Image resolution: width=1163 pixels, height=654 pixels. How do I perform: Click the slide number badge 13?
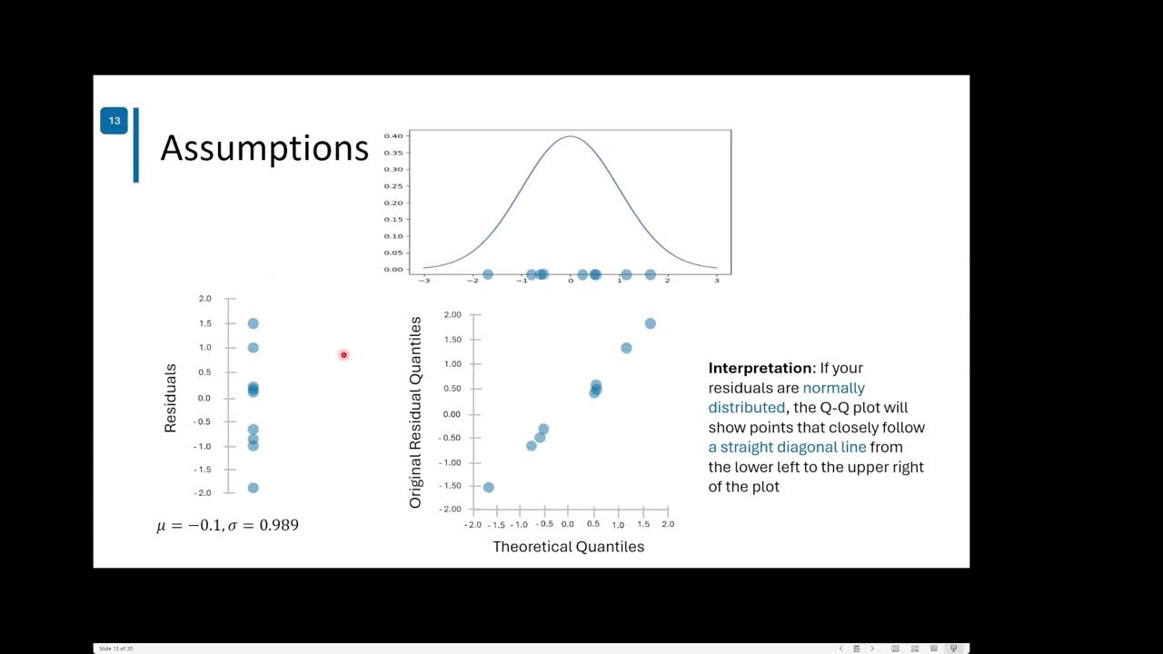click(114, 121)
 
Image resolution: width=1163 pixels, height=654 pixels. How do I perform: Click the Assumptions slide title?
click(263, 148)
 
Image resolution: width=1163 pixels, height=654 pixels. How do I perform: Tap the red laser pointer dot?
click(343, 355)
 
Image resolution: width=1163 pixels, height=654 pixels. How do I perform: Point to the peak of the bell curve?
click(570, 137)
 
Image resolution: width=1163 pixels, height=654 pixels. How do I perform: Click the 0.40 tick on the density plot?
click(393, 136)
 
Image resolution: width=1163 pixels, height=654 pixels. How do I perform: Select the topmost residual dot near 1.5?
click(253, 323)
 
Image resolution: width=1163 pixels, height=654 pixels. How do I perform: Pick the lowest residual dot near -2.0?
click(253, 488)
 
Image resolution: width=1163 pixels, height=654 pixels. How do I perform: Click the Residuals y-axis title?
click(170, 398)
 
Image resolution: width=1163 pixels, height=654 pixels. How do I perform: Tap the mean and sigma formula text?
click(227, 526)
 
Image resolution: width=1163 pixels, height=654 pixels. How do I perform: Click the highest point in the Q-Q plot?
click(650, 323)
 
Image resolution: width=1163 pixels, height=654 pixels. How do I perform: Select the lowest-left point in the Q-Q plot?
click(489, 488)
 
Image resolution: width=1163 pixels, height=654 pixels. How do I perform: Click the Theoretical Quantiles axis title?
click(568, 547)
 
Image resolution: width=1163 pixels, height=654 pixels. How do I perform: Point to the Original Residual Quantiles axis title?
click(416, 412)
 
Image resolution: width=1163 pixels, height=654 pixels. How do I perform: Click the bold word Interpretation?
click(761, 368)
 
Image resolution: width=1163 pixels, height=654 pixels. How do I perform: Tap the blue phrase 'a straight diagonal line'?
click(787, 447)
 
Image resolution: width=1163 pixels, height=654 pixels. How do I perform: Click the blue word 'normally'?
click(833, 388)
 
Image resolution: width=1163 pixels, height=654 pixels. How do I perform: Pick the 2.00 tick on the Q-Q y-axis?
click(452, 314)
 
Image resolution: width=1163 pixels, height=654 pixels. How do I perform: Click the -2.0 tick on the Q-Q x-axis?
click(472, 524)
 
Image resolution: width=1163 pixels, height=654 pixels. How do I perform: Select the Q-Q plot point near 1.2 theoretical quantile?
click(626, 348)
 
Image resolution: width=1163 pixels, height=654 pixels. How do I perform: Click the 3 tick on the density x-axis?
click(716, 281)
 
